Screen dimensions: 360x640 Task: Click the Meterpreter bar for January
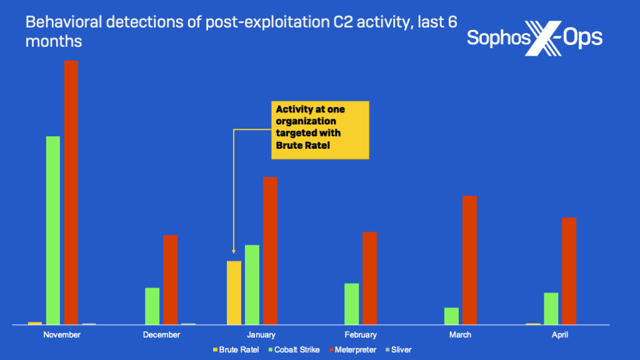(x=270, y=251)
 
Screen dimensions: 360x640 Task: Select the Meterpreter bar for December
(x=171, y=279)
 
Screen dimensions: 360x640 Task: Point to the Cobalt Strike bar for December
(x=152, y=306)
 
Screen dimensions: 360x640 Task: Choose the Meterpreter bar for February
(x=369, y=278)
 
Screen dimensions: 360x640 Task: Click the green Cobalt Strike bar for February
(x=351, y=304)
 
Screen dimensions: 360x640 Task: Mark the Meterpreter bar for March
(x=469, y=260)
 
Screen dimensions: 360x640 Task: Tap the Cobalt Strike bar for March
(x=451, y=316)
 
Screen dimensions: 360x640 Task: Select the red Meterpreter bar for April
(x=569, y=271)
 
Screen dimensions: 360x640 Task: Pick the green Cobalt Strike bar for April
(x=551, y=308)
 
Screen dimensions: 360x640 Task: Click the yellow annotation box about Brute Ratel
(x=319, y=130)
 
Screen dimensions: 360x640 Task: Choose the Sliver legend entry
(x=398, y=350)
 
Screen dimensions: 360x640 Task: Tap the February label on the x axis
(x=361, y=335)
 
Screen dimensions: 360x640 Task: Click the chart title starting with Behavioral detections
(x=241, y=32)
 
